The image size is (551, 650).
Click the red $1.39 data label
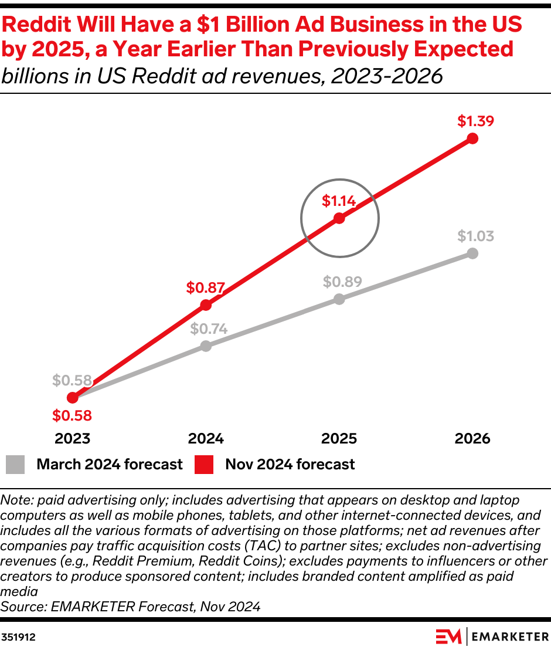[476, 121]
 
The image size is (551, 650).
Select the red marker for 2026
[473, 139]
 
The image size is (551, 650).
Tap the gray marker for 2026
[473, 253]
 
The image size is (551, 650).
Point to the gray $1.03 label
[476, 236]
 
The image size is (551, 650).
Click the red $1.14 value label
[338, 201]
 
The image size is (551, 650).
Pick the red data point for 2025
[339, 219]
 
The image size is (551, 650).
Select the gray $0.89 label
[342, 281]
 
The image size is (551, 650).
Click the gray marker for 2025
[339, 299]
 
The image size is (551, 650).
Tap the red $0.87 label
[205, 287]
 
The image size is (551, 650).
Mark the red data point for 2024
[206, 305]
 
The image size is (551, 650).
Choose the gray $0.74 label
[209, 329]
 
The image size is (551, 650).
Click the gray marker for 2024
[206, 346]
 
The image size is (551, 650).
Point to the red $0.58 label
[72, 416]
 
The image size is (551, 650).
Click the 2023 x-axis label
[72, 439]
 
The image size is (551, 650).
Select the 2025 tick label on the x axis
[339, 439]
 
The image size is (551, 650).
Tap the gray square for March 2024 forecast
[15, 464]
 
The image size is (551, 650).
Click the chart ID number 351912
[18, 636]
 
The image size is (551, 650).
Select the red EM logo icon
[448, 635]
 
